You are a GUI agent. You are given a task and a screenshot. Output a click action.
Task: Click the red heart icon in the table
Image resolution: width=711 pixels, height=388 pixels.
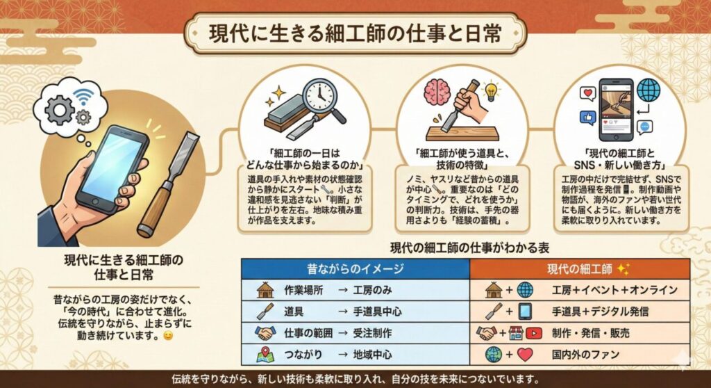(525, 355)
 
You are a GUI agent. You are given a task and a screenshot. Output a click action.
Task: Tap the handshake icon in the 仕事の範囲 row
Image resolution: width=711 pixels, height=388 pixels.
(265, 333)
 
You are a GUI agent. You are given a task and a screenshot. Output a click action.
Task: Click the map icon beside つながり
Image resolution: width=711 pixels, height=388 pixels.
(265, 355)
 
